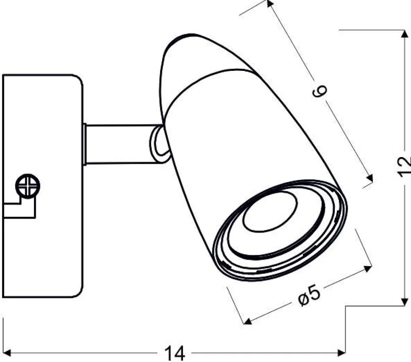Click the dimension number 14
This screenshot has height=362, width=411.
coord(174,353)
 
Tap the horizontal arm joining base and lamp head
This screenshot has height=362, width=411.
coord(121,144)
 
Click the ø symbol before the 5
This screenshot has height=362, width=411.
coord(302,299)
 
